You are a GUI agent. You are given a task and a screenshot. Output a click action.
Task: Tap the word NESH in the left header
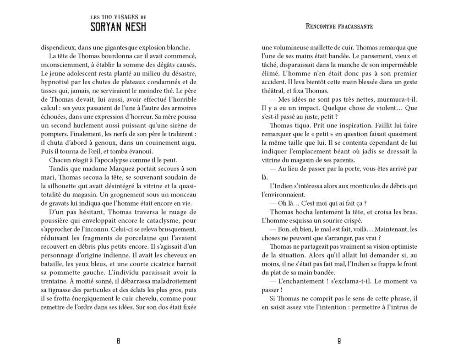(135, 27)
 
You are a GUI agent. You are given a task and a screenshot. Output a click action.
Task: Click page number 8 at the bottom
(119, 340)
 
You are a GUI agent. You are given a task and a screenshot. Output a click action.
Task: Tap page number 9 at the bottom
(339, 340)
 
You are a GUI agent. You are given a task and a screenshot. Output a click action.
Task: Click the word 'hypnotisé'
(55, 82)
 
